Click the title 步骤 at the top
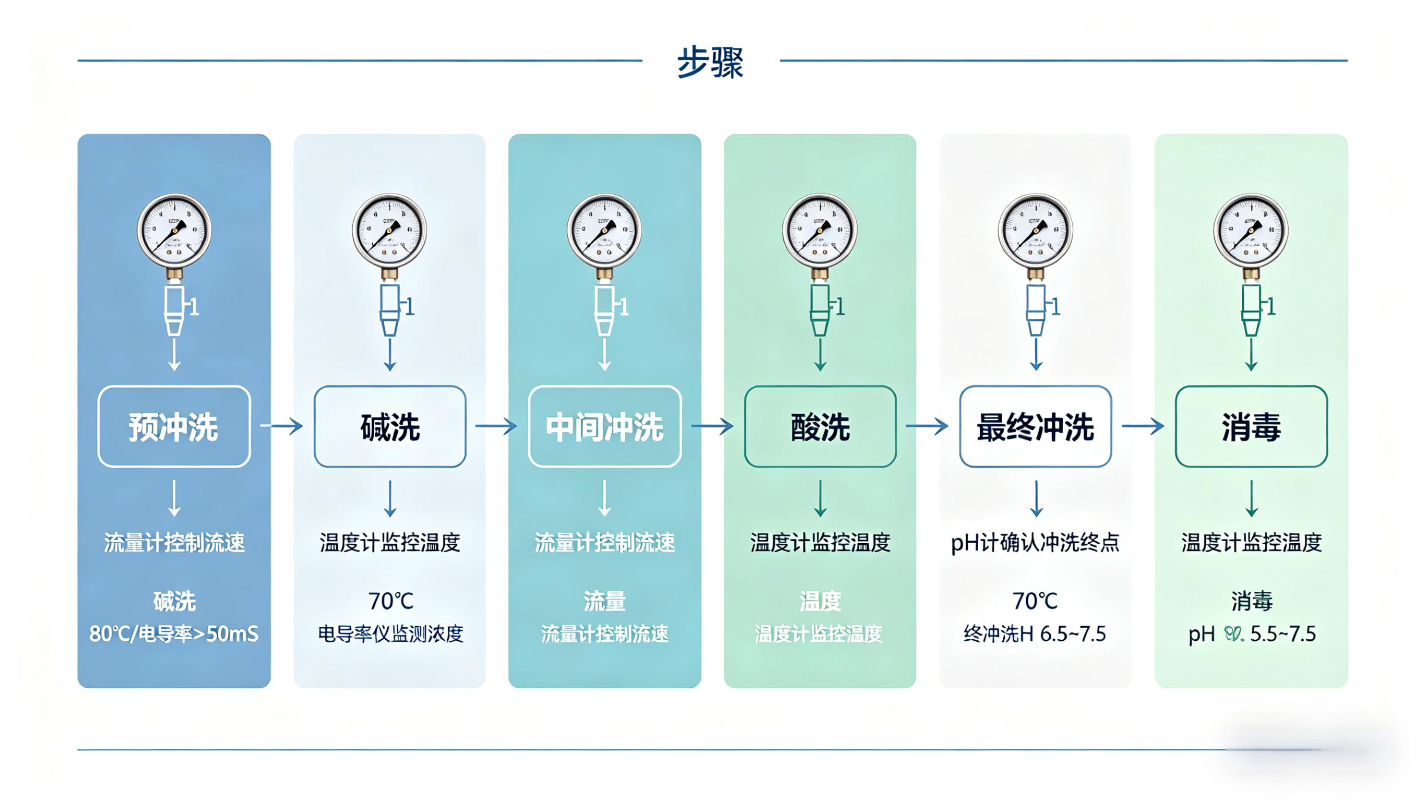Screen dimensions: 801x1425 (x=710, y=62)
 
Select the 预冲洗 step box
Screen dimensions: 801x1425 (x=174, y=426)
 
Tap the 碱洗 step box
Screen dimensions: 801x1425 (x=390, y=426)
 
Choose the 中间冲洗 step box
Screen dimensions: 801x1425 (x=604, y=426)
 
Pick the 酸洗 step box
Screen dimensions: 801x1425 (x=820, y=426)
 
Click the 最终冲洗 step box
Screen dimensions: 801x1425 (x=1035, y=426)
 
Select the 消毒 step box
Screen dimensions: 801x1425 (x=1251, y=426)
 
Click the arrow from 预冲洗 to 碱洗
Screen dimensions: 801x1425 (x=281, y=426)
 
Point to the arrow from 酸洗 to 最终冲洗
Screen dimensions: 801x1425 (x=927, y=426)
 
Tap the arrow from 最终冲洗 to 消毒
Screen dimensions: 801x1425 (x=1143, y=426)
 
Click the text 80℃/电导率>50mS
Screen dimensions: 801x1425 (x=174, y=634)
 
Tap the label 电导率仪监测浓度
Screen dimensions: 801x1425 (x=390, y=634)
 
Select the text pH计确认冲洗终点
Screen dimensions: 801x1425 (x=1035, y=543)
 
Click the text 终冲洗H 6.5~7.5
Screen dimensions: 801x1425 (x=1035, y=634)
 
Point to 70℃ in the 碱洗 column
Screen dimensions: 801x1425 (x=390, y=601)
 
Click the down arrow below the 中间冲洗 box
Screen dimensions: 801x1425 (x=604, y=498)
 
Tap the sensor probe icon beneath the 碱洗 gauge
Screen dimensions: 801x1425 (x=390, y=310)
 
